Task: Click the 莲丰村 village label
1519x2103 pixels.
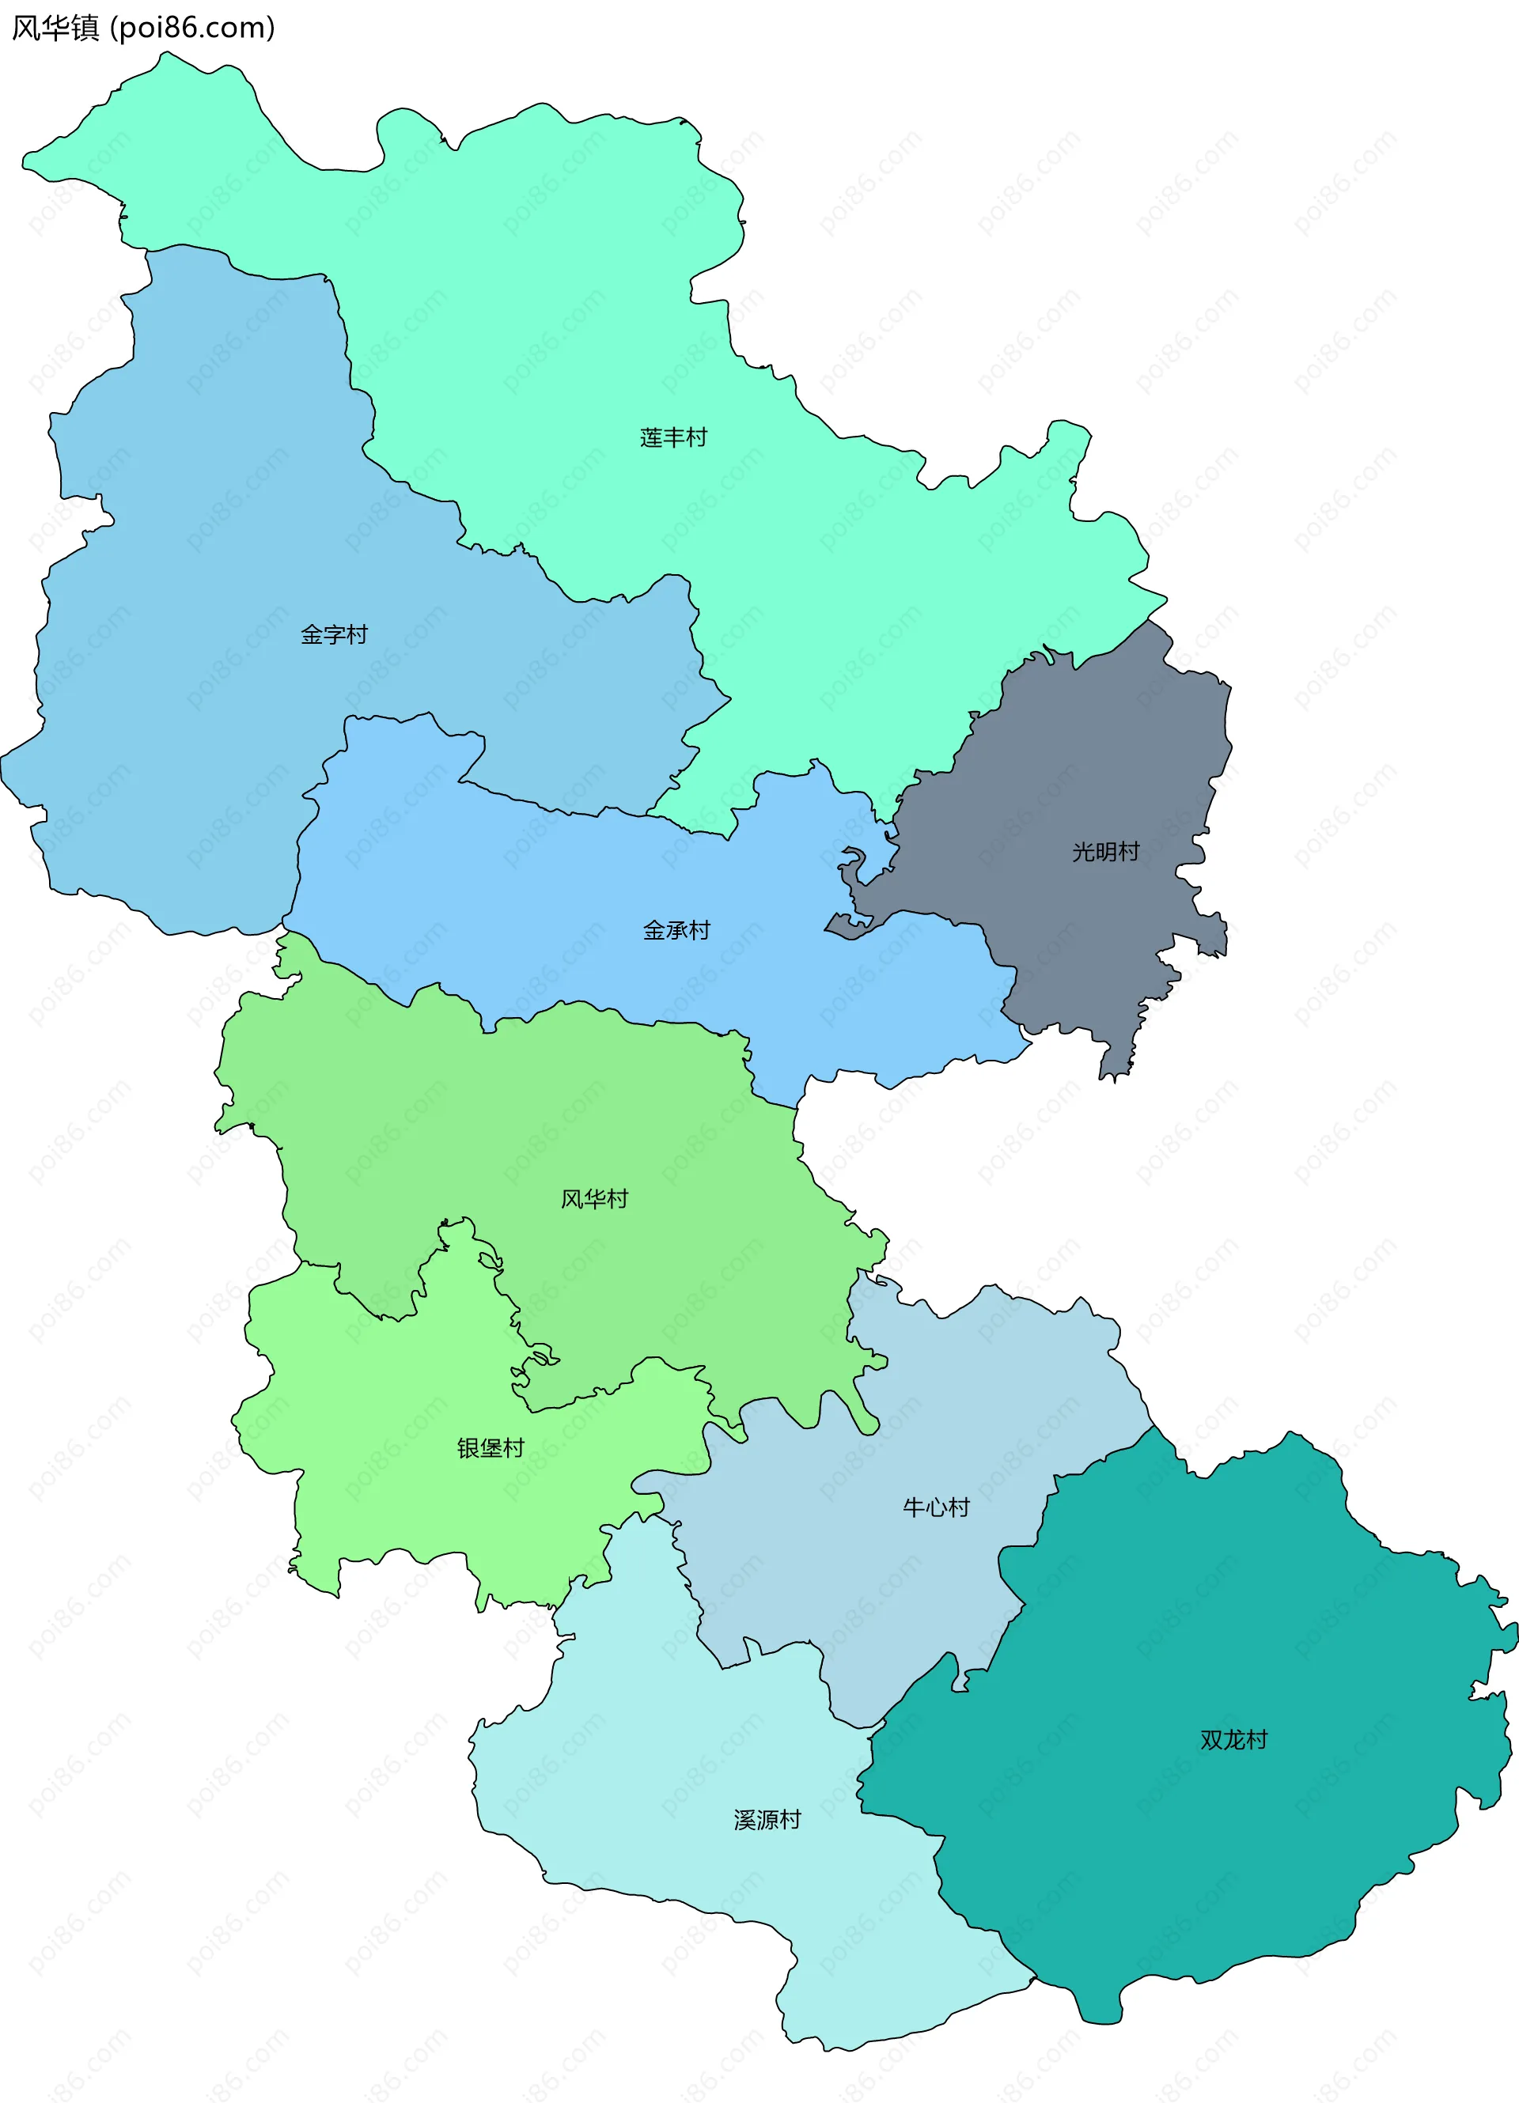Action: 673,437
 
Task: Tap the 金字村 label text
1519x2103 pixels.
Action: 334,634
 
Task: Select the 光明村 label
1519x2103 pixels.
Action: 1105,851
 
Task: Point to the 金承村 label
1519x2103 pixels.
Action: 677,930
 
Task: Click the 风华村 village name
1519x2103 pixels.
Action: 594,1199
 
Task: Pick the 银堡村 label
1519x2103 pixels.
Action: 491,1447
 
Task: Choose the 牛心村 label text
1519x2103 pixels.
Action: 937,1507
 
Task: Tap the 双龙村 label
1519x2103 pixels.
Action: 1233,1739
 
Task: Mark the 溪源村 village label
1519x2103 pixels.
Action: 767,1820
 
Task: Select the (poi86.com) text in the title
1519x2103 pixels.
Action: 193,28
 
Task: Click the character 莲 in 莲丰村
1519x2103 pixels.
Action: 651,437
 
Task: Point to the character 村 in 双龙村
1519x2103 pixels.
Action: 1256,1739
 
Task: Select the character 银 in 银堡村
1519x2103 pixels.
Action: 468,1447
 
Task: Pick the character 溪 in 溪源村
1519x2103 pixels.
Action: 744,1820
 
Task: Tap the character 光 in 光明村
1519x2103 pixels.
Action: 1083,851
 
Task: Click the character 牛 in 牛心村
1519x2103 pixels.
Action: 915,1507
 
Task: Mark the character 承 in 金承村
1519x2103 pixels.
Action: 677,930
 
